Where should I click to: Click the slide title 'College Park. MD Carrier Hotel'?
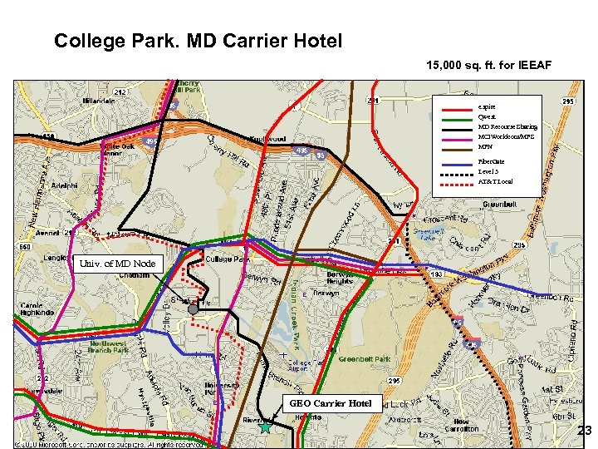[x=198, y=41]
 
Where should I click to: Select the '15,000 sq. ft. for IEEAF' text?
[x=488, y=65]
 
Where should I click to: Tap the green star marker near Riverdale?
[x=265, y=427]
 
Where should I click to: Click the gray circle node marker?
[x=194, y=309]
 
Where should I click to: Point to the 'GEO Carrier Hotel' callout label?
[x=331, y=404]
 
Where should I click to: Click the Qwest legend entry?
[x=487, y=117]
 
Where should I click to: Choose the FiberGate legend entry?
[x=491, y=160]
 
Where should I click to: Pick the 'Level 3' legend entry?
[x=488, y=170]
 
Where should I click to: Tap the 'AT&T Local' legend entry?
[x=495, y=181]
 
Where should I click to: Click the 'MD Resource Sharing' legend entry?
[x=507, y=127]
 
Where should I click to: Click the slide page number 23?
[x=584, y=431]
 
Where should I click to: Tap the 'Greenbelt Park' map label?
[x=365, y=360]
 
